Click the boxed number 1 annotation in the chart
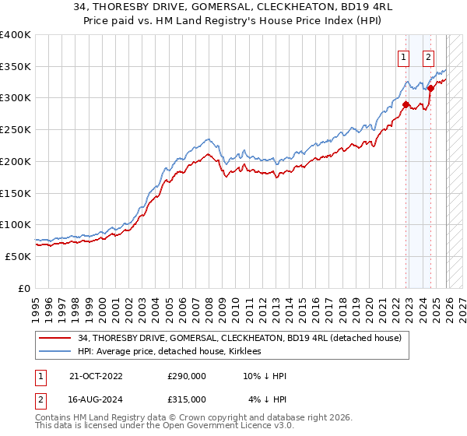(404, 56)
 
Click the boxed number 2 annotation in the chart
(429, 56)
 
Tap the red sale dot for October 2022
(406, 104)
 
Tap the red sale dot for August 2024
(430, 89)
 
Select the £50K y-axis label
(18, 256)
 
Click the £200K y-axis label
(16, 161)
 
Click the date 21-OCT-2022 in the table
(96, 375)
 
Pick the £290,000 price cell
(187, 375)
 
